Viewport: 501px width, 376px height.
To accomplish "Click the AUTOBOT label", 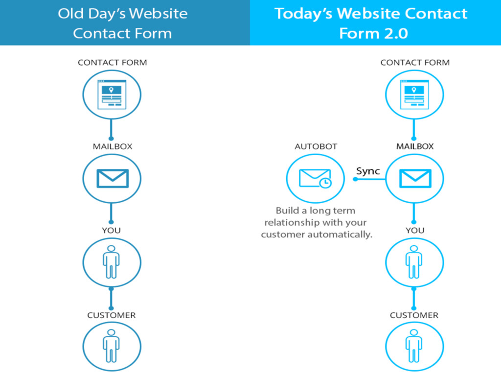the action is pyautogui.click(x=316, y=146).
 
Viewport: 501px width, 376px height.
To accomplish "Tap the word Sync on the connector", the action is pyautogui.click(x=368, y=171).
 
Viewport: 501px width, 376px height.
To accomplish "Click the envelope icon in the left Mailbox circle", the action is pyautogui.click(x=112, y=179).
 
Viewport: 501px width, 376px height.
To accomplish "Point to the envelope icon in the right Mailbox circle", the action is pyautogui.click(x=415, y=179).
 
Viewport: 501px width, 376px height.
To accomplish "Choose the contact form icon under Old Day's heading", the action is pyautogui.click(x=112, y=94).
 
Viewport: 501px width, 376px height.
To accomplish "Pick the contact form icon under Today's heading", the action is pyautogui.click(x=415, y=94).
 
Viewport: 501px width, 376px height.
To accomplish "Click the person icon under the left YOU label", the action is pyautogui.click(x=112, y=262).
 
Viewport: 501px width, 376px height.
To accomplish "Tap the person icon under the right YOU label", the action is pyautogui.click(x=414, y=262).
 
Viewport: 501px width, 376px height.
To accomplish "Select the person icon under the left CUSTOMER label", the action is pyautogui.click(x=112, y=346).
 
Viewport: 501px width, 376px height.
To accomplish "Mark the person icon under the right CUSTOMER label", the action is pyautogui.click(x=414, y=346).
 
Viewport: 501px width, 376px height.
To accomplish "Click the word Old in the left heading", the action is pyautogui.click(x=70, y=13).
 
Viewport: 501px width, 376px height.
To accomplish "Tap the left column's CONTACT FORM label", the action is pyautogui.click(x=112, y=63).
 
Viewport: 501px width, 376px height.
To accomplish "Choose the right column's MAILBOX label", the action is pyautogui.click(x=415, y=146).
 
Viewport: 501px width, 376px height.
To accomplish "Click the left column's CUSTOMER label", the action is pyautogui.click(x=112, y=315).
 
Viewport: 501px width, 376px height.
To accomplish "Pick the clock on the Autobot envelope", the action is pyautogui.click(x=325, y=183).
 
